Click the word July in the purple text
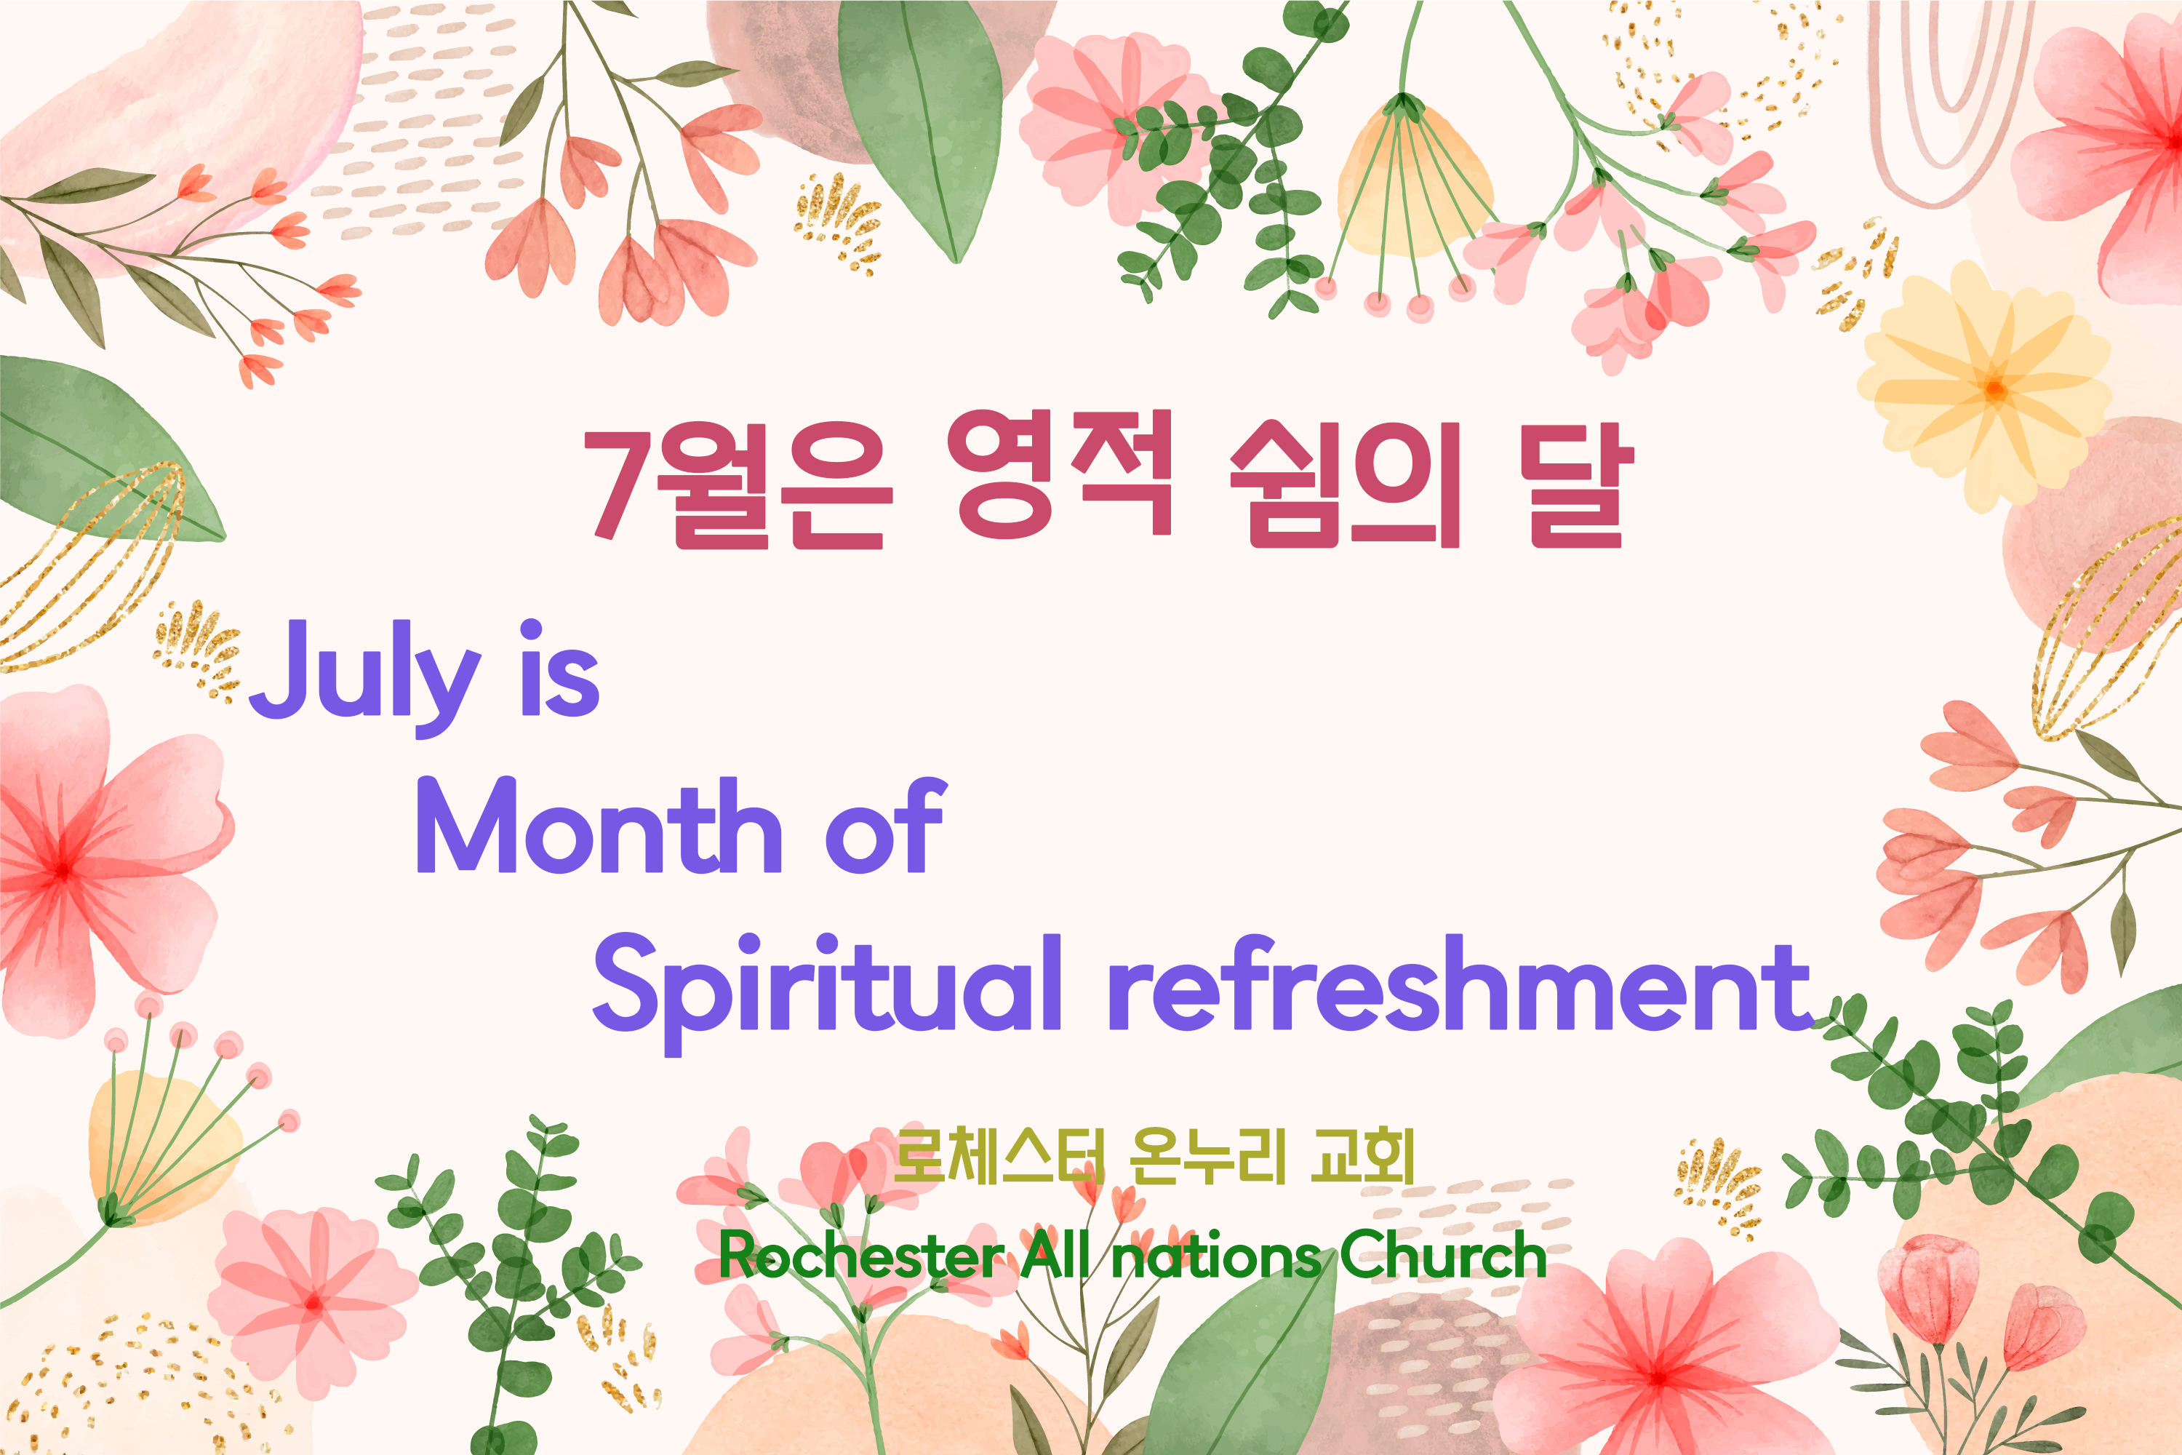point(364,677)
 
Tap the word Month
point(599,825)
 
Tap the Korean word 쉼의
point(1344,482)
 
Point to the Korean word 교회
point(1362,1156)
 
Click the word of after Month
point(885,825)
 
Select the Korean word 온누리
point(1208,1156)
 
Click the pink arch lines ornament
point(1949,102)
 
